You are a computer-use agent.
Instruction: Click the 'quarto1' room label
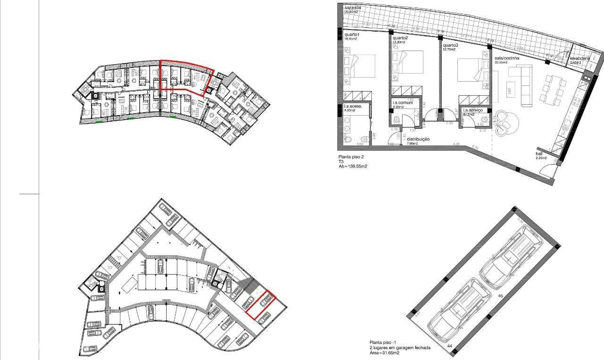352,34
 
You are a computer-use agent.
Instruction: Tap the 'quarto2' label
400,38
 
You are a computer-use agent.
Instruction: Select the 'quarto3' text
450,45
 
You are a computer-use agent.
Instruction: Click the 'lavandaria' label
580,58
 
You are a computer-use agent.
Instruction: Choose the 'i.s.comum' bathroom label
403,102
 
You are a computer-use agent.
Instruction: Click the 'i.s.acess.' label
353,106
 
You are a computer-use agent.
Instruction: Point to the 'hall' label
539,154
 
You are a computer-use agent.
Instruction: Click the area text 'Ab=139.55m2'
353,167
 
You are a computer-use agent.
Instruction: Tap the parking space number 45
501,296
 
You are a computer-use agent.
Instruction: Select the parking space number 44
449,346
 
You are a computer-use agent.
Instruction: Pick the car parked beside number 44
457,310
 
